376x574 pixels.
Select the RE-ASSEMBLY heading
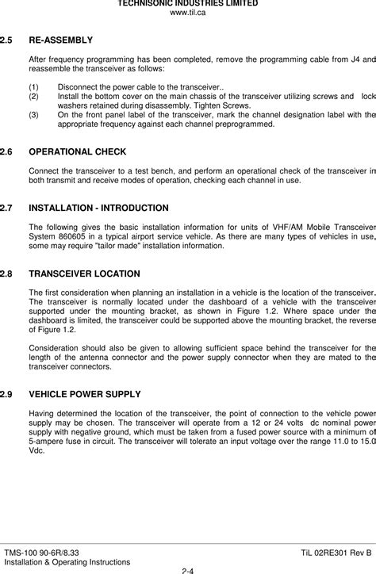point(60,40)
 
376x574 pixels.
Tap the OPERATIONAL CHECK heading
point(77,151)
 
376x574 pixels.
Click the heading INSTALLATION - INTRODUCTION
point(98,208)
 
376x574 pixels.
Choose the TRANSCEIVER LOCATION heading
point(84,274)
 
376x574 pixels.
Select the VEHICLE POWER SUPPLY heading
point(85,394)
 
